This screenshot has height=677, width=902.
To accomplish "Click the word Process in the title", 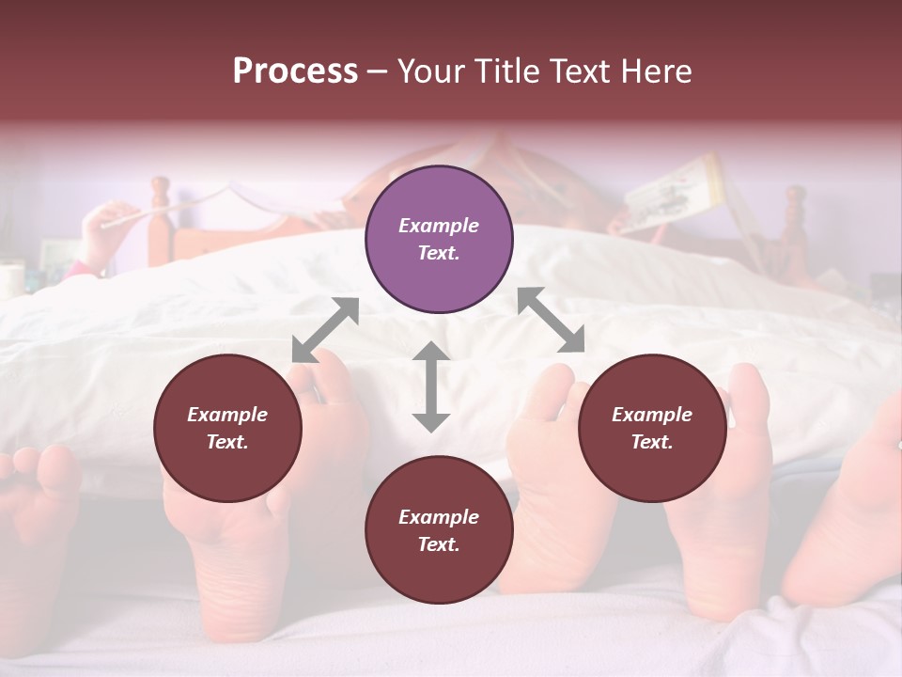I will (295, 71).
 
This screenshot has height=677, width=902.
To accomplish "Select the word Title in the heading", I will (508, 71).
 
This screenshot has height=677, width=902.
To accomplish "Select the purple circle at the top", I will (439, 240).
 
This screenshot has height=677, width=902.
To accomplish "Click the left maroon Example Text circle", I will (227, 429).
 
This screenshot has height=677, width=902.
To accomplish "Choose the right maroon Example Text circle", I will (652, 429).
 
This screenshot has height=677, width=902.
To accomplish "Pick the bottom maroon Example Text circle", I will (439, 530).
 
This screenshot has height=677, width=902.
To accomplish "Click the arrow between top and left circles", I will (325, 330).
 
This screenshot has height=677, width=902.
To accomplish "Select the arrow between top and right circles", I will (551, 321).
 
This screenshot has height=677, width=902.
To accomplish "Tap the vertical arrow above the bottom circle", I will (431, 386).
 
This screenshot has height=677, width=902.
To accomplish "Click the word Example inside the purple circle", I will (439, 226).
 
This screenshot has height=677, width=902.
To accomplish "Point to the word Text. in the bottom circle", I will (439, 544).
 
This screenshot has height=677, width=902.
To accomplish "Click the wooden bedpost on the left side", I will (161, 221).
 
